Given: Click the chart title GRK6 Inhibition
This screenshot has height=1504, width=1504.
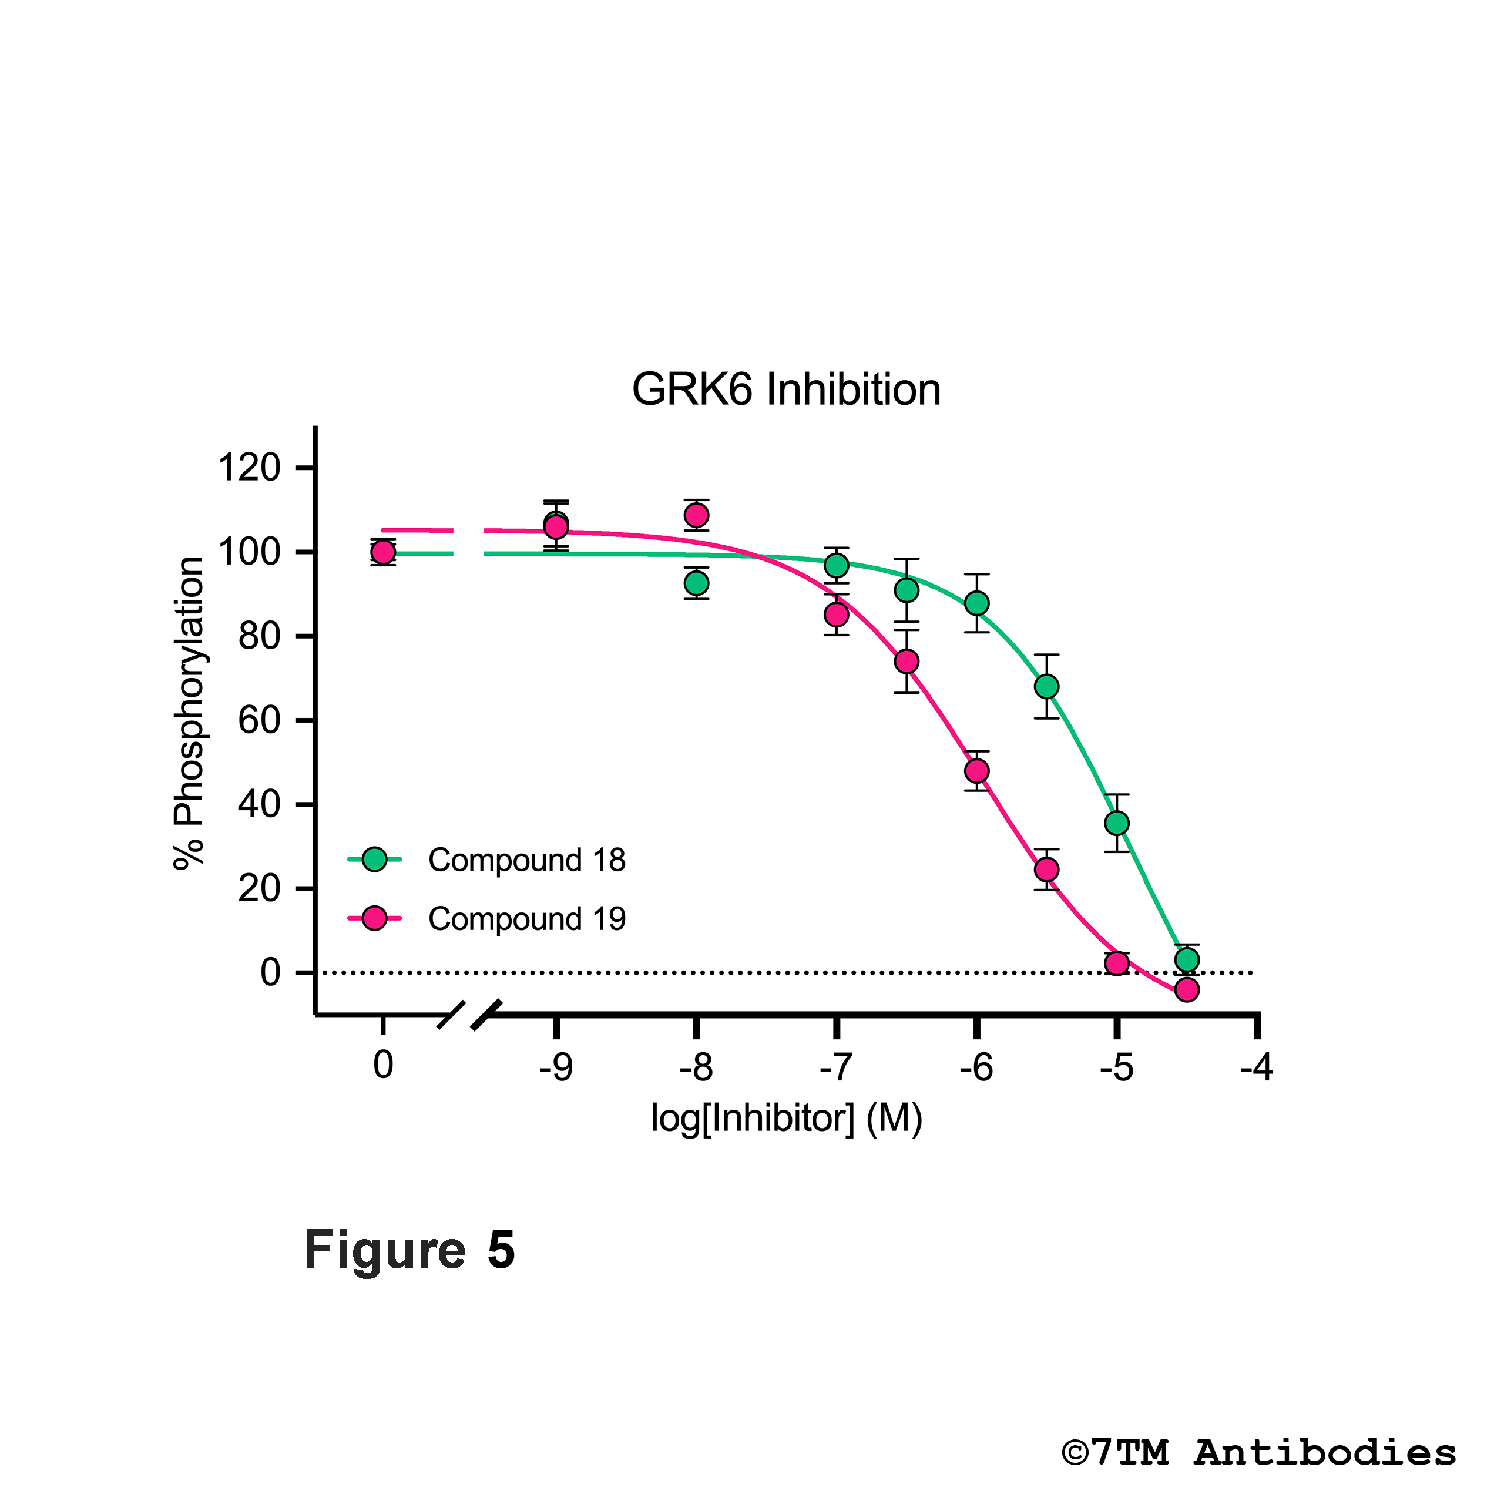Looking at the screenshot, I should (786, 390).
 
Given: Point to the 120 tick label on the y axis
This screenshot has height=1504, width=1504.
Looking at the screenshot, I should (249, 469).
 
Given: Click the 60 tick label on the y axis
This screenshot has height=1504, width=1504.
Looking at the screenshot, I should (258, 721).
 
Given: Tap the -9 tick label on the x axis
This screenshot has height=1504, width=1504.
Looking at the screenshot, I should (556, 1066).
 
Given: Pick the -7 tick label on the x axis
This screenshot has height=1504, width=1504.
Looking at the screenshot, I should (836, 1066).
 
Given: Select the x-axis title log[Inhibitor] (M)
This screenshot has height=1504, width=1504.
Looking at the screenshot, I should (786, 1119).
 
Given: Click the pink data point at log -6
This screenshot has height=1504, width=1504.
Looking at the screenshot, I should (977, 771).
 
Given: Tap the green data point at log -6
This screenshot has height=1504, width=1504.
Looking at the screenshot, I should (977, 603).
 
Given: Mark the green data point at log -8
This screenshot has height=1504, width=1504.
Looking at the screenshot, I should (697, 583).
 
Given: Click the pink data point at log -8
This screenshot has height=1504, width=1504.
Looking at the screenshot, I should (697, 515).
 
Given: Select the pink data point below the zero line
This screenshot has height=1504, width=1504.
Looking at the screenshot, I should (1186, 990).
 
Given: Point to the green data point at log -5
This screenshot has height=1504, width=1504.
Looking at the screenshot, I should (1117, 823).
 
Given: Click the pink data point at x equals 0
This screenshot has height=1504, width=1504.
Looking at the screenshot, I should (383, 552).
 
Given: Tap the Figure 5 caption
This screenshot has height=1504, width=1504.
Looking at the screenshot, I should (409, 1251).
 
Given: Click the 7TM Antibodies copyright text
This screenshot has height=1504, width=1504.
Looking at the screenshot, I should (1259, 1453).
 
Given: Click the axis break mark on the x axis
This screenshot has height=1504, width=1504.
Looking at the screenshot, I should (469, 1015).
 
